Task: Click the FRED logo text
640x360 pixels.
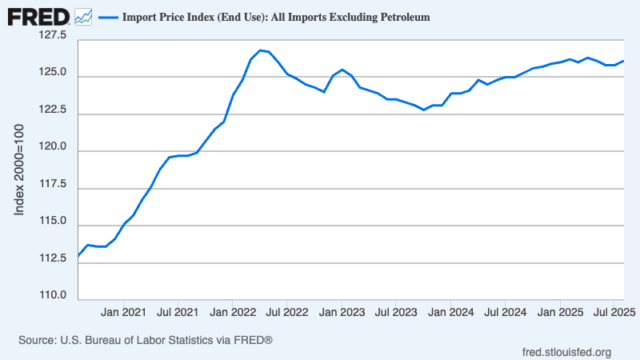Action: coord(38,16)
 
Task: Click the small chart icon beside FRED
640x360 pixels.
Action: coord(82,16)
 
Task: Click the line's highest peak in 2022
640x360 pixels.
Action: coord(260,50)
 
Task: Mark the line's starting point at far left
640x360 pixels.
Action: coord(78,256)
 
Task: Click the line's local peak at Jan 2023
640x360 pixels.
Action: coord(342,70)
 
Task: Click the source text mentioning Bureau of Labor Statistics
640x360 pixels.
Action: coord(146,340)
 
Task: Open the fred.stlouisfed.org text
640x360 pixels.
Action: coord(566,352)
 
